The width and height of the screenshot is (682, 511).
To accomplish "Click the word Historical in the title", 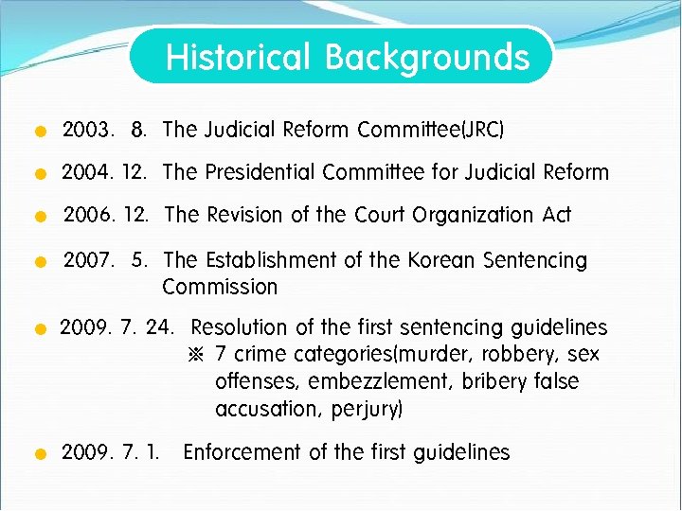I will coord(238,57).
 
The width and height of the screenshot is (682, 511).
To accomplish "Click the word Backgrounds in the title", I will coord(427,57).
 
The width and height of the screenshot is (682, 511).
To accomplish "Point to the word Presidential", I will coord(260,172).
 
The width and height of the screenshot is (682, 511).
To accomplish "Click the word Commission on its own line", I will coord(220,287).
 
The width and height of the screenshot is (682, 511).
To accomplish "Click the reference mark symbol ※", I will coord(197,355).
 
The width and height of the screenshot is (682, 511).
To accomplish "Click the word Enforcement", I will coord(241,452).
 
